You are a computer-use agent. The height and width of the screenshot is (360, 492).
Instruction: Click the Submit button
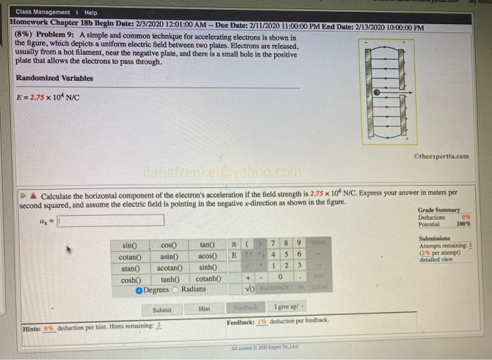[x=162, y=309]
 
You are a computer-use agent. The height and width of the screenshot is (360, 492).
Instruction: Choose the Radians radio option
[x=176, y=290]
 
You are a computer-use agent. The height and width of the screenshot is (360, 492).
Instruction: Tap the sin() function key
[x=130, y=245]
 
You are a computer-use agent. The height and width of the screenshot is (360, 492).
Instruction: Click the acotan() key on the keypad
[x=169, y=268]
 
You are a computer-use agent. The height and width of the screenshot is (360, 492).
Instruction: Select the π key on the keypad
[x=233, y=243]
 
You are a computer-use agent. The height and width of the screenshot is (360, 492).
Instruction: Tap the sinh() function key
[x=207, y=268]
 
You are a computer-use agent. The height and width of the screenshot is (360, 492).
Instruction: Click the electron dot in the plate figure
[x=377, y=92]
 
